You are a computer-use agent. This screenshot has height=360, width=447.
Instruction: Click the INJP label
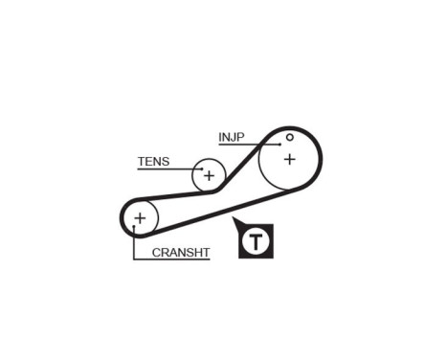[232, 136]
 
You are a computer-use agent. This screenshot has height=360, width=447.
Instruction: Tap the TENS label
[153, 161]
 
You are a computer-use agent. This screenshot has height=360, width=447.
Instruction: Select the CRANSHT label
[181, 253]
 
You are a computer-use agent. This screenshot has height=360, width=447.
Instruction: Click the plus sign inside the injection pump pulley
[289, 159]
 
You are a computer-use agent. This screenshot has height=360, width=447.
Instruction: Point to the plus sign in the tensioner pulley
[209, 175]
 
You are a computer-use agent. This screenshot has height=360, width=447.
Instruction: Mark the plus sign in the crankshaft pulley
[140, 218]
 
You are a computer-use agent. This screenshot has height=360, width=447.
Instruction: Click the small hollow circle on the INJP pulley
[289, 137]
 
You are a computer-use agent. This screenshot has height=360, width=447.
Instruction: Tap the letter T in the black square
[256, 241]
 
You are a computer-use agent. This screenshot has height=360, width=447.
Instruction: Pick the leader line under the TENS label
[168, 169]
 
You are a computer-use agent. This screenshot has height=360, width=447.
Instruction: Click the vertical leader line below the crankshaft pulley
[134, 244]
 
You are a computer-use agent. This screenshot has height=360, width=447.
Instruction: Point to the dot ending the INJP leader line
[279, 146]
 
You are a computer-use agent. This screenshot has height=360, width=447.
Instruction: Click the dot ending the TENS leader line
[201, 169]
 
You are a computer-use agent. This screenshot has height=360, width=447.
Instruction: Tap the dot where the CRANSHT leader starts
[134, 228]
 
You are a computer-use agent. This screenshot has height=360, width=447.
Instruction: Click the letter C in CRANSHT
[156, 253]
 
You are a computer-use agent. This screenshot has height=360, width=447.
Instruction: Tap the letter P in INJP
[240, 136]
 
